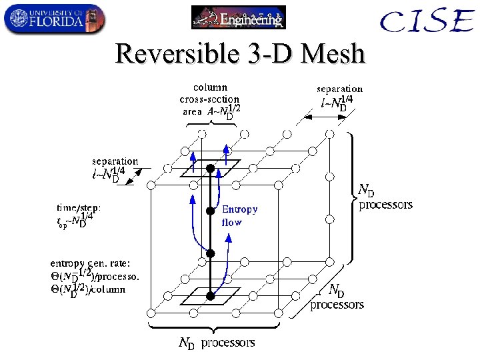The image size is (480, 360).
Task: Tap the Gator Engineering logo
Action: tap(238, 17)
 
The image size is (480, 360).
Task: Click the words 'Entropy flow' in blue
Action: tap(239, 215)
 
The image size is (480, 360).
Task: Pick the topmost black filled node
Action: tap(209, 169)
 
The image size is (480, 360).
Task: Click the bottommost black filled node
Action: tap(209, 295)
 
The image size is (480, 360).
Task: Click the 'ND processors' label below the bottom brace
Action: tap(217, 343)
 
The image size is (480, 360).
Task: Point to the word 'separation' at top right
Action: tap(339, 89)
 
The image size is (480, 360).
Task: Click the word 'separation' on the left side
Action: tap(115, 161)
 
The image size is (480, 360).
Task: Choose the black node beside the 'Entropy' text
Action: tap(209, 211)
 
